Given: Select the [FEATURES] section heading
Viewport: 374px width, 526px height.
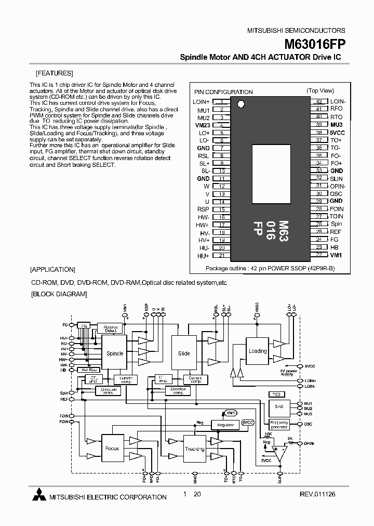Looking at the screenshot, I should point(55,73).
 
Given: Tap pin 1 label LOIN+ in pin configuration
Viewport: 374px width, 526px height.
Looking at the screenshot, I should point(201,102).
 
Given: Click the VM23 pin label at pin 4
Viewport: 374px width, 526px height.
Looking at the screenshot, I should point(202,125).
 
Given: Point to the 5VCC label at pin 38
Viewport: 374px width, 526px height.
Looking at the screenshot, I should point(338,133).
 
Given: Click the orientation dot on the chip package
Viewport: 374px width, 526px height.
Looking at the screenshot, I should point(241,103).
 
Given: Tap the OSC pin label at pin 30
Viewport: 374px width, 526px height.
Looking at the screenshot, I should point(336,193).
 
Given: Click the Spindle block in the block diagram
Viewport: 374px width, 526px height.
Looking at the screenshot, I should point(115,353).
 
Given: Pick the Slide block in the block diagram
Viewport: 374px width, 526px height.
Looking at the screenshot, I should point(184,353).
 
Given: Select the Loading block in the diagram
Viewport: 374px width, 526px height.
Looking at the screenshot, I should point(258,351).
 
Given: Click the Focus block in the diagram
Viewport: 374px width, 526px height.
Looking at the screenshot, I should point(112,448).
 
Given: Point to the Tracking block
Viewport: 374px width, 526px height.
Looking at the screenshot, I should point(194,449).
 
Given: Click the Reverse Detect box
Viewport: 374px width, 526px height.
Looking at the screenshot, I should point(110,328).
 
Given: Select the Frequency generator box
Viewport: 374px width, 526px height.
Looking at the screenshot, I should point(279,424).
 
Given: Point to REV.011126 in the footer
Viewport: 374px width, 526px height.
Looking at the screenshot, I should point(318,496).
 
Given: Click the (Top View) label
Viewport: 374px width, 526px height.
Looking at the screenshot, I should point(320,90).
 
